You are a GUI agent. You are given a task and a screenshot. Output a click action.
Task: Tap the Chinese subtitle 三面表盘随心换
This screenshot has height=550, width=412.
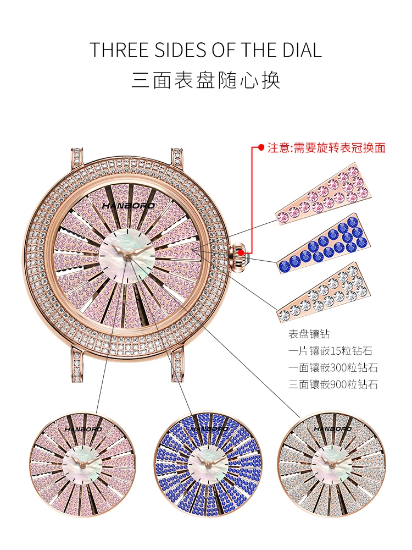pyautogui.click(x=206, y=80)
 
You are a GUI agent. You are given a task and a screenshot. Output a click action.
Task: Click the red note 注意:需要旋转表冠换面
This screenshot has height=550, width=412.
pyautogui.click(x=326, y=147)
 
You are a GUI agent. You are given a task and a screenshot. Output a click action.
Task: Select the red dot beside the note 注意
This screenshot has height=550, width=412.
pyautogui.click(x=261, y=147)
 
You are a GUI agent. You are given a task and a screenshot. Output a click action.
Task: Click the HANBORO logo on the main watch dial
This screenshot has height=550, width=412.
pyautogui.click(x=128, y=206)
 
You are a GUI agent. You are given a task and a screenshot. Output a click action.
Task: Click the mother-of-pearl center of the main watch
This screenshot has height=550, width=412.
pyautogui.click(x=127, y=255)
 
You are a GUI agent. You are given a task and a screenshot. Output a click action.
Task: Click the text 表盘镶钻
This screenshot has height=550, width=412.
pyautogui.click(x=309, y=334)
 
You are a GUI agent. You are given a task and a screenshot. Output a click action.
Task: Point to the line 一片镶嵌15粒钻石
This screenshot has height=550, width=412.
pyautogui.click(x=330, y=351)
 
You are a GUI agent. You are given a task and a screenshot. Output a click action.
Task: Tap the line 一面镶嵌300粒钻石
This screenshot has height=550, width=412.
pyautogui.click(x=333, y=367)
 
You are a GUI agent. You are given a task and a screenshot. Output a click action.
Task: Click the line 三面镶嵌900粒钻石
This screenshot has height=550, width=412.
pyautogui.click(x=333, y=384)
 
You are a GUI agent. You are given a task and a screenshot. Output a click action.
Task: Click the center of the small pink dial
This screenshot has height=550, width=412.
pyautogui.click(x=82, y=464)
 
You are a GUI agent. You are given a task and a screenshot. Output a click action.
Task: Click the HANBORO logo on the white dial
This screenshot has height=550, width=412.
pyautogui.click(x=332, y=429)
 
